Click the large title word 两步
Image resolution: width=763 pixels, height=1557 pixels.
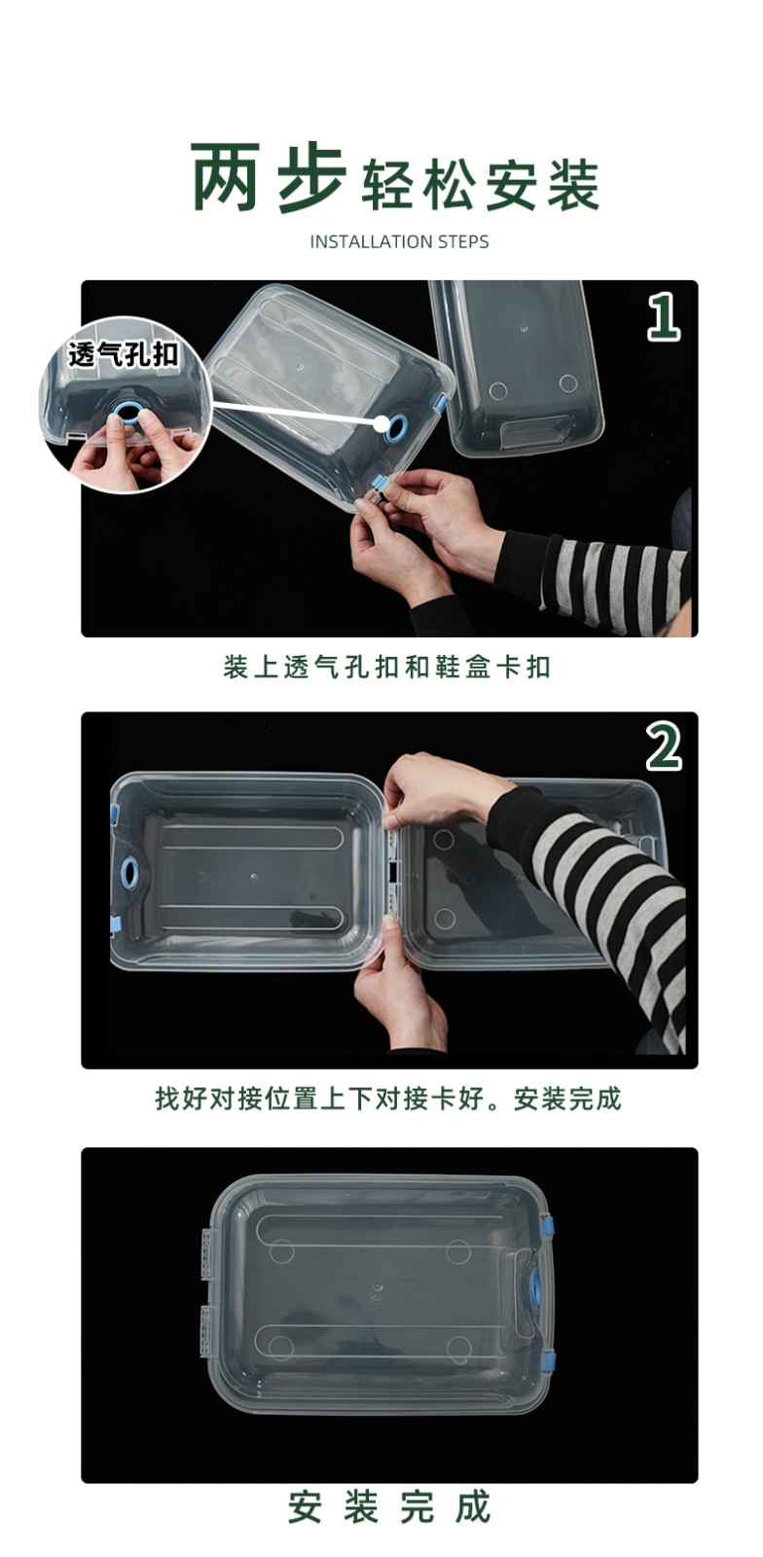(x=269, y=177)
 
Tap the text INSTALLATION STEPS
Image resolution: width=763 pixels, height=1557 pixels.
(x=399, y=242)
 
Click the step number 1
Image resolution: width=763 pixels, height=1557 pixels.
(x=664, y=316)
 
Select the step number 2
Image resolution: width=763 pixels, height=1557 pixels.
(x=664, y=747)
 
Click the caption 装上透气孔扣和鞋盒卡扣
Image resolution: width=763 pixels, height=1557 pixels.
(x=387, y=668)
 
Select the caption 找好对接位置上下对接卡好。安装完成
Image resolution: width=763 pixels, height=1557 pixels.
(x=387, y=1099)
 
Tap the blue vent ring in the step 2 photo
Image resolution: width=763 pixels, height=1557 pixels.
(x=130, y=870)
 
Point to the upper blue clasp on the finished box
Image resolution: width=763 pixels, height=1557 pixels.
(x=548, y=1229)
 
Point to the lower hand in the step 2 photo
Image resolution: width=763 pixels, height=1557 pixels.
(x=401, y=984)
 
